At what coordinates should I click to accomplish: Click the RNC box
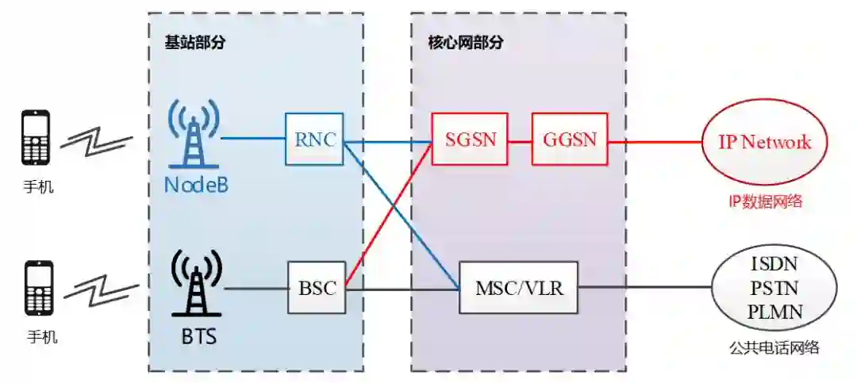pos(314,139)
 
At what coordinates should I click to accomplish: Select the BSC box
pos(317,287)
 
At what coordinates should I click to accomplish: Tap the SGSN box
pos(469,139)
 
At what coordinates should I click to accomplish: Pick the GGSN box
pos(569,139)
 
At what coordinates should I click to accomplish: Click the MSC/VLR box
pos(519,287)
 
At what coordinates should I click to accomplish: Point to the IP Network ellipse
pos(765,143)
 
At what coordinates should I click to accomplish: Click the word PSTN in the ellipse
pos(774,286)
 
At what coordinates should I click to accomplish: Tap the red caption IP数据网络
pos(765,201)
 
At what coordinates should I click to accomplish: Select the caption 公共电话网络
pos(774,347)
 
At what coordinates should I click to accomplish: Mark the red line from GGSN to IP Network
pos(655,143)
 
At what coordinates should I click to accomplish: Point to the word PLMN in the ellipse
pos(774,311)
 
